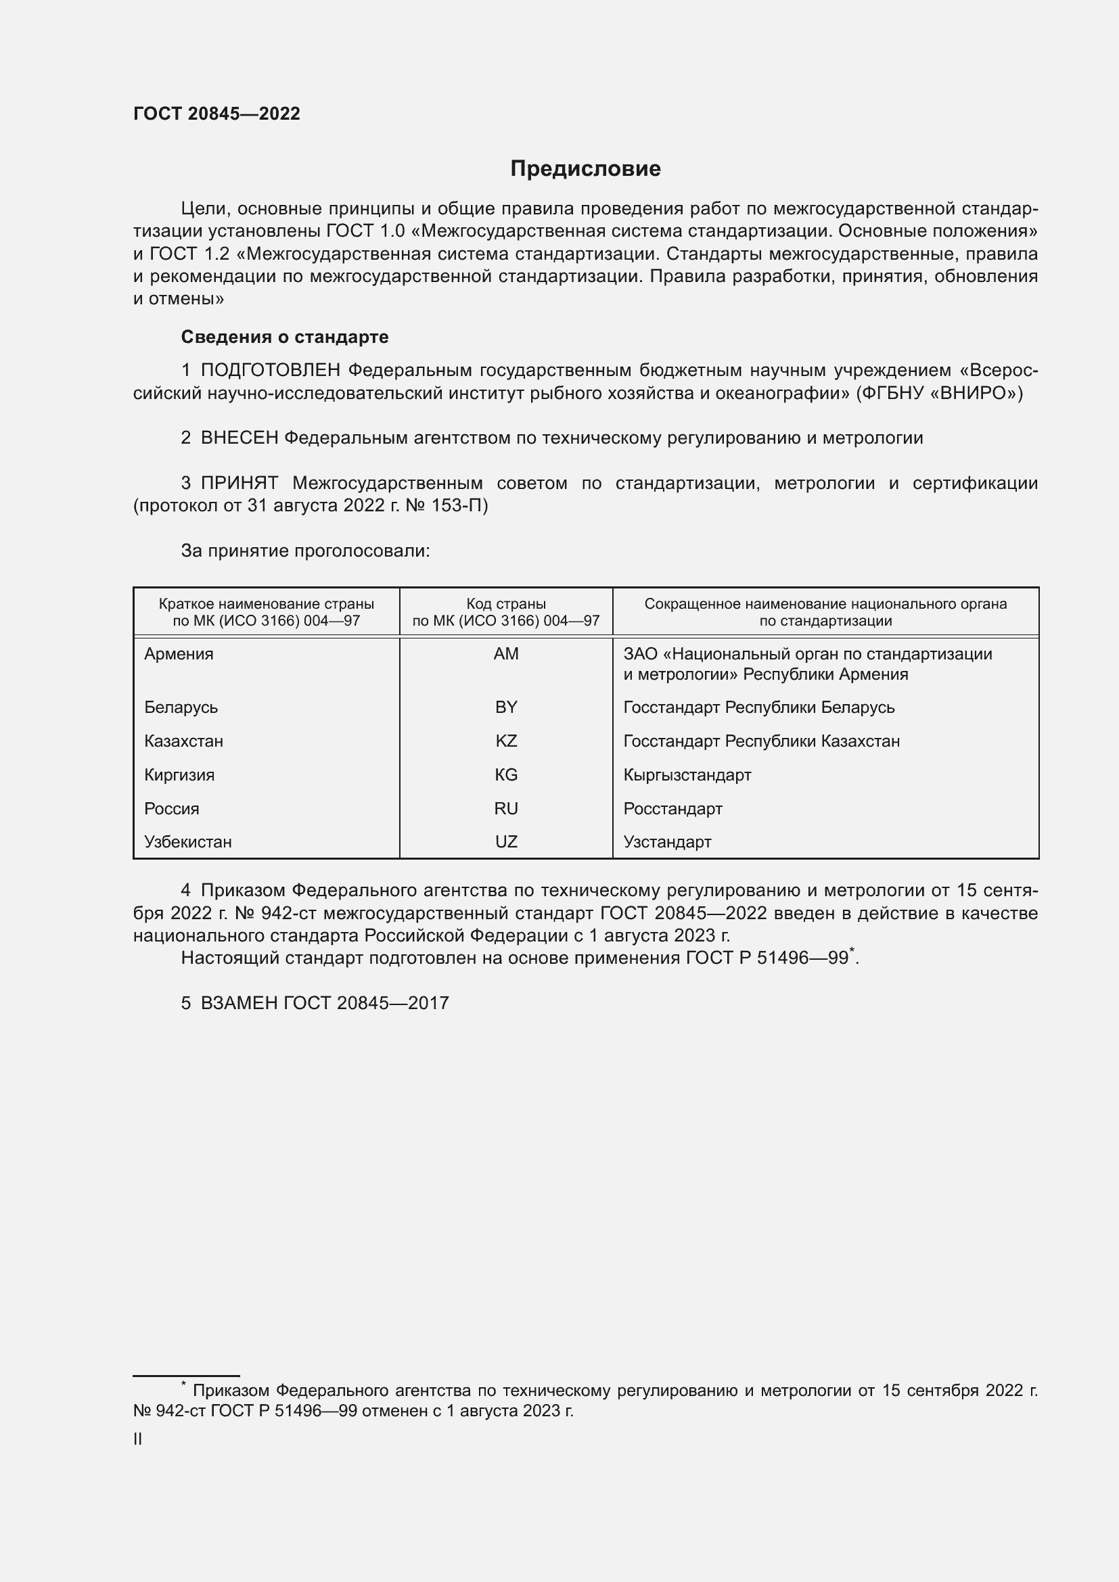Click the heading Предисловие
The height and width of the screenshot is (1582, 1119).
pos(585,169)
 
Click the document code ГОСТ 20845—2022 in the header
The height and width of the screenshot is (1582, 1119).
pos(216,114)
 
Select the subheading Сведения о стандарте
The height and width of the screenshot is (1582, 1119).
pos(285,337)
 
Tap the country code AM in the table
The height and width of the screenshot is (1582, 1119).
pos(506,654)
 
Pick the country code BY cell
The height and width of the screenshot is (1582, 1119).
pos(506,707)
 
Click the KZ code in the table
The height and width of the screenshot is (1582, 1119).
pos(506,741)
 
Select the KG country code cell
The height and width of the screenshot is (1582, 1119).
pos(506,775)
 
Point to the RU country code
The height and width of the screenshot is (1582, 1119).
pos(506,809)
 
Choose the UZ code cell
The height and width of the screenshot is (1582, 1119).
pos(506,842)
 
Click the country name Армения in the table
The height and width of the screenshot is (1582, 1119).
pos(179,654)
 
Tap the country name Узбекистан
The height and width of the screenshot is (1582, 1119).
pos(187,842)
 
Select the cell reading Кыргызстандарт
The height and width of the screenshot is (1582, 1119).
pos(687,775)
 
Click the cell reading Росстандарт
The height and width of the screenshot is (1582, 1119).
pos(672,809)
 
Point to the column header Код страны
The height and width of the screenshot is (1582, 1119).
pos(506,604)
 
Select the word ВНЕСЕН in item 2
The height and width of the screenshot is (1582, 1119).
pos(239,438)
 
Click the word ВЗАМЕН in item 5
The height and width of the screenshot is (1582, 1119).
pos(238,1003)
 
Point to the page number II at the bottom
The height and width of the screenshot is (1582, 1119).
pos(138,1439)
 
